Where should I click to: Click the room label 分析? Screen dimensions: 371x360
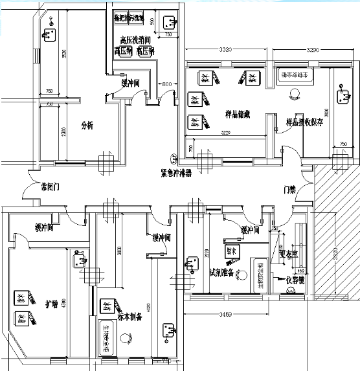[x=87, y=126]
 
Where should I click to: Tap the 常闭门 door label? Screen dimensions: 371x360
[x=50, y=186]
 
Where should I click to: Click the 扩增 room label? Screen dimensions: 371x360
[x=51, y=302]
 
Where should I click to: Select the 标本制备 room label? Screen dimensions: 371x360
[x=130, y=316]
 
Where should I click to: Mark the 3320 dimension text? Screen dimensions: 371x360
[x=225, y=49]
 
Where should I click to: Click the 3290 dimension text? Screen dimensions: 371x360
[x=312, y=49]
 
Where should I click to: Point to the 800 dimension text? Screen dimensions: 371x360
[x=167, y=84]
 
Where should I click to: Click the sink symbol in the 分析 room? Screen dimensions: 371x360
[x=49, y=33]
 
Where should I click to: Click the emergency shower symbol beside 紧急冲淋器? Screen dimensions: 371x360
[x=173, y=157]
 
